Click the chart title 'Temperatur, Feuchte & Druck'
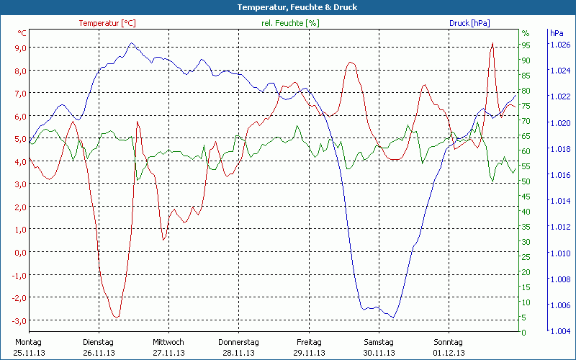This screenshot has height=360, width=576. click(287, 7)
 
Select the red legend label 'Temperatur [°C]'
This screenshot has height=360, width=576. click(107, 23)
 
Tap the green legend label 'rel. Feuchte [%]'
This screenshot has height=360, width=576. click(289, 23)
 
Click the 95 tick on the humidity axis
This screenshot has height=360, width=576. click(526, 45)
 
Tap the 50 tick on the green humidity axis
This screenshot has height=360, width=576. click(526, 181)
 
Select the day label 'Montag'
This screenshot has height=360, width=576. click(28, 341)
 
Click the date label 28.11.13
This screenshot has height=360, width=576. click(239, 353)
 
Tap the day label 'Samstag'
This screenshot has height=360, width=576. click(379, 341)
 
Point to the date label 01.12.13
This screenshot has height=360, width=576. click(449, 353)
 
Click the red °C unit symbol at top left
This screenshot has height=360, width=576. click(22, 33)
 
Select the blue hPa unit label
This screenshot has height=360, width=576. click(557, 33)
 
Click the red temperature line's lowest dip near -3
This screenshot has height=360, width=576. click(116, 317)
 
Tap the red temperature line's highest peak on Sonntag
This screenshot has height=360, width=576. click(492, 43)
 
